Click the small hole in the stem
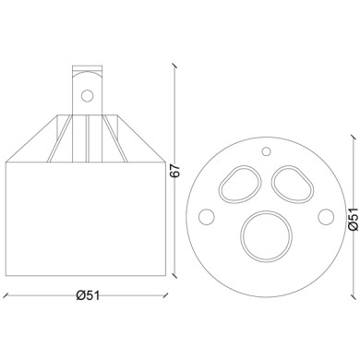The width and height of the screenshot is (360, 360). point(89,94)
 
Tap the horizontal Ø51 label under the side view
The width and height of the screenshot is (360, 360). point(88,294)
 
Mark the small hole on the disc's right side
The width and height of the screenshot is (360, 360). point(325,217)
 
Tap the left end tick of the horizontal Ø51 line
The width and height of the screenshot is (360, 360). point(6,294)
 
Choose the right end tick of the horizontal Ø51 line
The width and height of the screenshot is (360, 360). point(169,294)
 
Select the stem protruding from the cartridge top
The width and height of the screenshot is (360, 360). point(88,88)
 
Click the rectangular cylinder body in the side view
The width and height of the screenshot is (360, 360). point(88,217)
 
